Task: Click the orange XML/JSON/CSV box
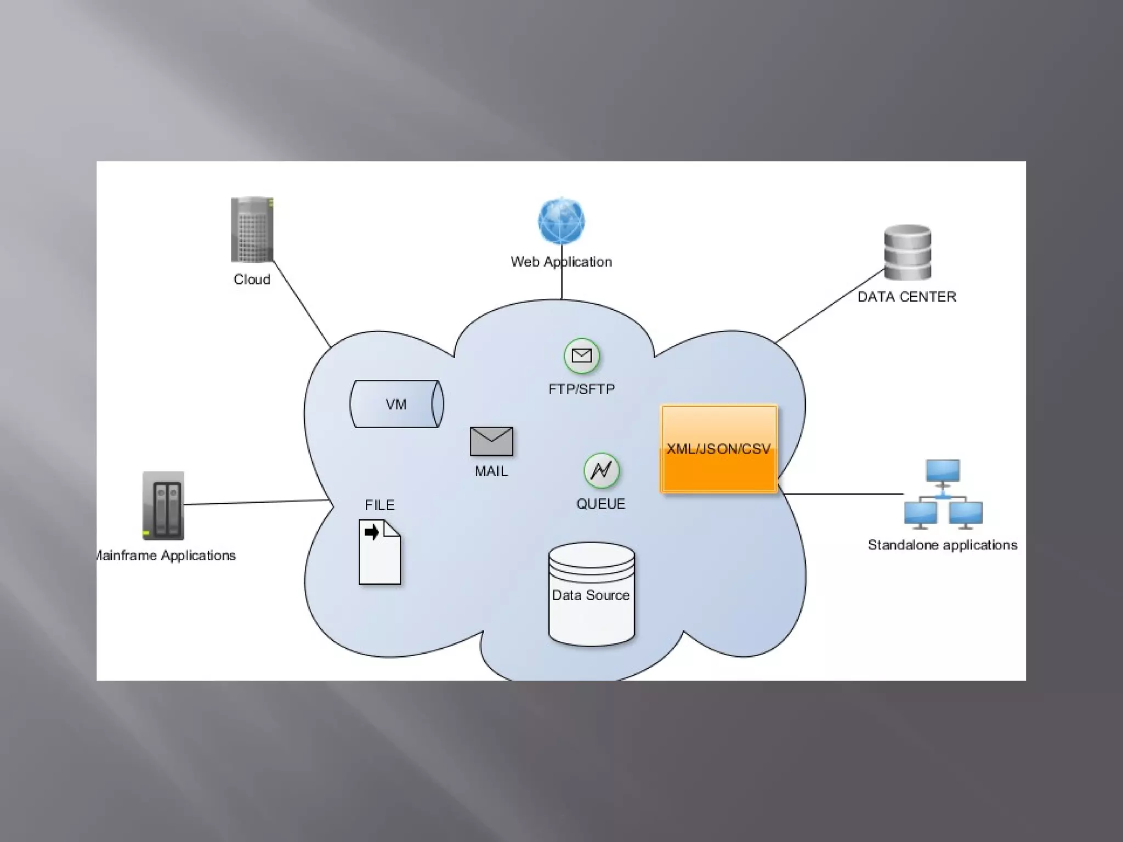tap(719, 449)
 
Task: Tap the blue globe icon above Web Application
tap(561, 221)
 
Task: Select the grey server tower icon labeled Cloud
tap(252, 229)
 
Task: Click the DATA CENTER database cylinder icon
tap(908, 252)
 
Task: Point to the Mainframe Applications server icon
tap(163, 505)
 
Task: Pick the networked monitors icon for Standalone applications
tap(943, 495)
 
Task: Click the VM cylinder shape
tap(396, 404)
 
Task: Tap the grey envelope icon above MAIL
tap(491, 441)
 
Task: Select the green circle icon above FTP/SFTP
tap(582, 356)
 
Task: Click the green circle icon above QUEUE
tap(602, 470)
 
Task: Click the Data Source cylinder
tap(592, 594)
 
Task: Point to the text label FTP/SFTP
tap(582, 389)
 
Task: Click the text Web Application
tap(561, 262)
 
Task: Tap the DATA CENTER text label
tap(906, 297)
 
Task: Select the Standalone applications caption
tap(942, 545)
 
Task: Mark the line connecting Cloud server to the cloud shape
tap(302, 303)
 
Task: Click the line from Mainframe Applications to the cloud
tap(255, 502)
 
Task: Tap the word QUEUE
tap(600, 504)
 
